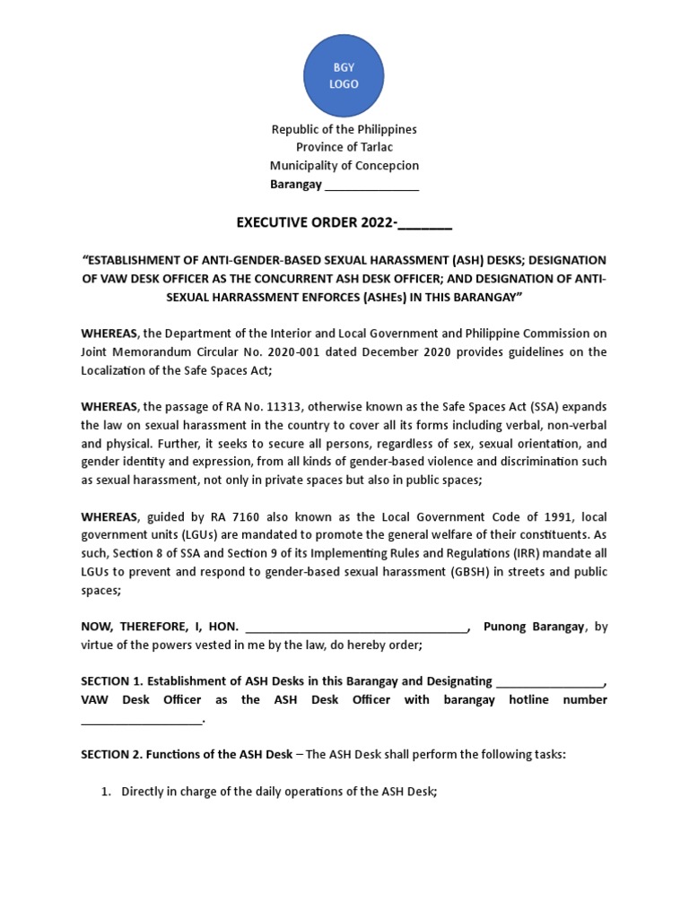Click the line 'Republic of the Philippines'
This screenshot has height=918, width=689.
tap(344, 129)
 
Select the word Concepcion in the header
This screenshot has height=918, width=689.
tap(387, 165)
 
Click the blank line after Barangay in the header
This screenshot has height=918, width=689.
tap(371, 185)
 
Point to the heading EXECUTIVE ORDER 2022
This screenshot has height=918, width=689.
tap(344, 222)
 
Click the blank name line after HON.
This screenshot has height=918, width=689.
tap(355, 627)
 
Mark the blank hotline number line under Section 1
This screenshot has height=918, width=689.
tap(142, 718)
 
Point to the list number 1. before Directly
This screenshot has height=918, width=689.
tap(106, 792)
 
